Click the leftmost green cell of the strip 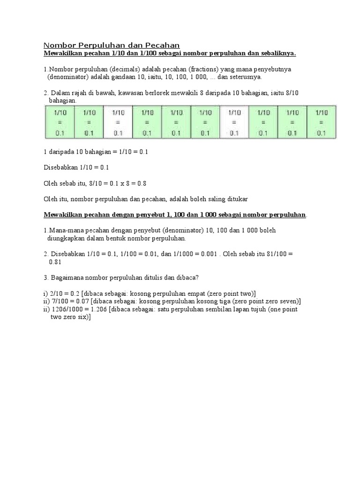59,122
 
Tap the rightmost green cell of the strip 321,122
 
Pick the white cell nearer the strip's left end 118,122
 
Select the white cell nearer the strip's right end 234,122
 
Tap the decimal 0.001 208,254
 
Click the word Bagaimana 67,277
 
